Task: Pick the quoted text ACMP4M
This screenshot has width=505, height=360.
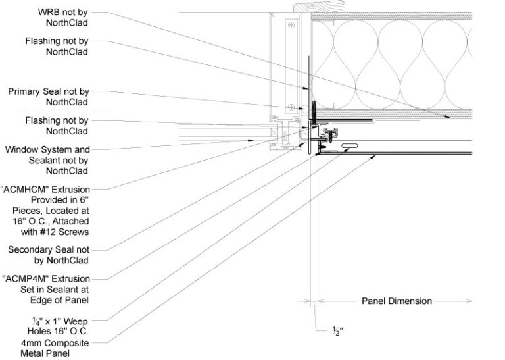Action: [28, 278]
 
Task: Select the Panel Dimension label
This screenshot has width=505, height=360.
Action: [397, 301]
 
